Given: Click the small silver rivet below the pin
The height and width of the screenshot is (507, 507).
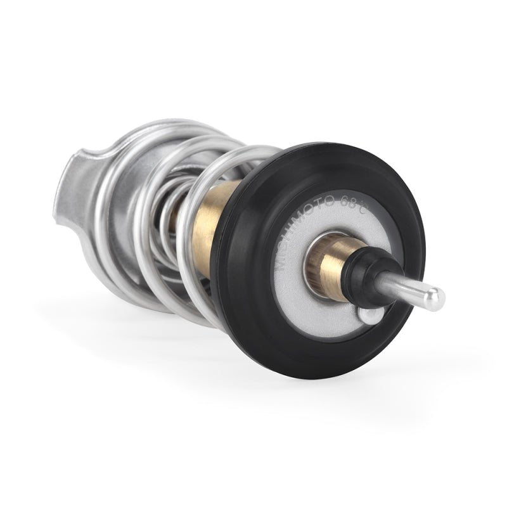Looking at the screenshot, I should [370, 314].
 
